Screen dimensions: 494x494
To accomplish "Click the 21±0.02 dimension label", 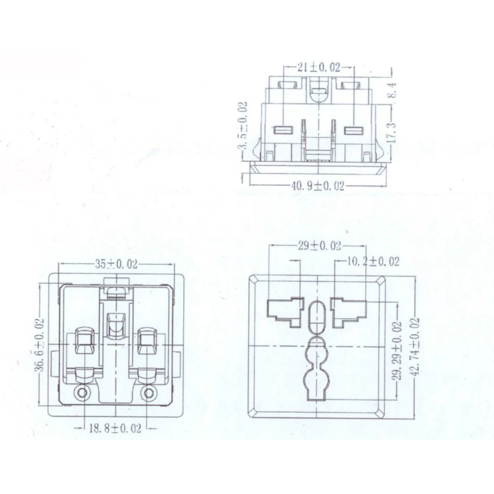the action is point(319,67).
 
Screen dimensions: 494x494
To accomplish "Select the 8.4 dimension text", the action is point(393,89).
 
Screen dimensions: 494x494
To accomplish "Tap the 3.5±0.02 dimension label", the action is point(242,125).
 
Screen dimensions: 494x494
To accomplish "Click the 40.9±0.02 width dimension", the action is point(317,186).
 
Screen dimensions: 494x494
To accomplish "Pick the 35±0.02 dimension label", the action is point(116,264).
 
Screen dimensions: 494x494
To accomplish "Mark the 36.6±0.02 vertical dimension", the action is point(39,344).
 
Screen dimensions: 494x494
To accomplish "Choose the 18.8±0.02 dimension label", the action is point(115,428).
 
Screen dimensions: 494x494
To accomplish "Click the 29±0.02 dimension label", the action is point(319,246).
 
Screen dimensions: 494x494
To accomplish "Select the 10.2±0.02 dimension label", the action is point(373,261).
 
